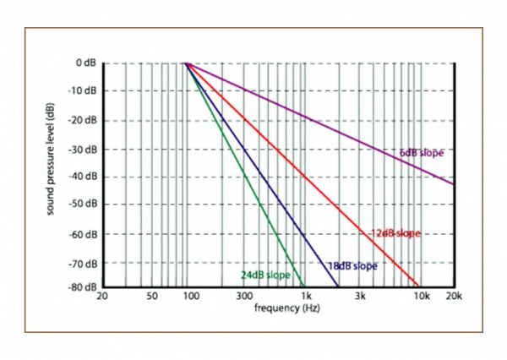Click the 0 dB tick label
(x=85, y=63)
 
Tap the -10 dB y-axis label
(x=83, y=91)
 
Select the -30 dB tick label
(x=83, y=148)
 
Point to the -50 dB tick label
(x=83, y=205)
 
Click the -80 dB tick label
(x=83, y=286)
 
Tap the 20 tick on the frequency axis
(x=102, y=297)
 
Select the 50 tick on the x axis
(x=151, y=297)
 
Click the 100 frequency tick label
(x=190, y=297)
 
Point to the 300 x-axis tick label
(x=245, y=297)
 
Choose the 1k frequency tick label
(x=307, y=297)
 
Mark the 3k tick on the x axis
(x=362, y=297)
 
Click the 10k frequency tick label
(x=420, y=297)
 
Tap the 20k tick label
(x=455, y=297)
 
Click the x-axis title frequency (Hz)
(x=283, y=308)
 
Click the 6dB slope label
(x=422, y=153)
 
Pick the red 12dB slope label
(x=395, y=233)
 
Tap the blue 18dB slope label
(x=352, y=266)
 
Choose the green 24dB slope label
(x=264, y=275)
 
